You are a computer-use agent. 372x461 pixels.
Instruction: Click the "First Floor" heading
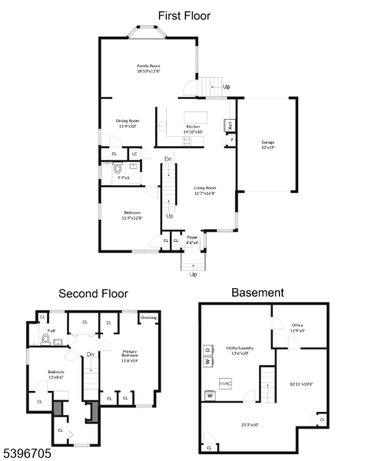[x=184, y=15]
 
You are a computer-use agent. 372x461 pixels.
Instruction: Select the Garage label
[x=267, y=143]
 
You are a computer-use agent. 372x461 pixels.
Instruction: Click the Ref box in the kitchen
[x=229, y=125]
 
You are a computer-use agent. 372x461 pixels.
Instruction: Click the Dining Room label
[x=127, y=122]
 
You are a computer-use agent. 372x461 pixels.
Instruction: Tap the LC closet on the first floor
[x=134, y=154]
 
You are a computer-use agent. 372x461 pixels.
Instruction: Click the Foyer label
[x=193, y=240]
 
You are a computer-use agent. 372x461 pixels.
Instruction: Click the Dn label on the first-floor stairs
[x=168, y=160]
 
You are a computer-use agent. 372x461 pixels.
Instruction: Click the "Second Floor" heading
[x=94, y=294]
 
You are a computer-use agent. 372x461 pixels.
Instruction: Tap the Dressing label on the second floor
[x=149, y=317]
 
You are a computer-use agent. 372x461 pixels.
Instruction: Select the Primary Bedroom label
[x=130, y=357]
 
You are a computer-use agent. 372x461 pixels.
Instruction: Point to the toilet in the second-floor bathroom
[x=47, y=337]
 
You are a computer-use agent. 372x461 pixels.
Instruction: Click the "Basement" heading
[x=257, y=293]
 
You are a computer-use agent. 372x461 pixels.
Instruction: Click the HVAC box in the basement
[x=226, y=382]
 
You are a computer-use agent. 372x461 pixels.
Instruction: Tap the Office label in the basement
[x=297, y=327]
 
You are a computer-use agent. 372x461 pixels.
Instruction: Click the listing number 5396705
[x=27, y=454]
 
